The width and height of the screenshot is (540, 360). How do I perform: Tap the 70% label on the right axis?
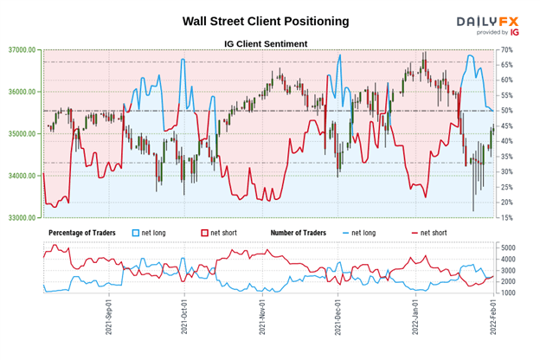(508, 50)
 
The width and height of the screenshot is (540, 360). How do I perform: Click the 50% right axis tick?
(508, 111)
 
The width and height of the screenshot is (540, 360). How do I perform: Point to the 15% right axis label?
(508, 218)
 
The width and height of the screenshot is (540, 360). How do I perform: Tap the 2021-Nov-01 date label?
(261, 320)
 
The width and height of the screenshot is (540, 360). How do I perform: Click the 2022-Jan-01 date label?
(413, 320)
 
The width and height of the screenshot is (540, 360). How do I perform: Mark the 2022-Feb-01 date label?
(491, 320)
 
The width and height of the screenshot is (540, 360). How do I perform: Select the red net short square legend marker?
(204, 234)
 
